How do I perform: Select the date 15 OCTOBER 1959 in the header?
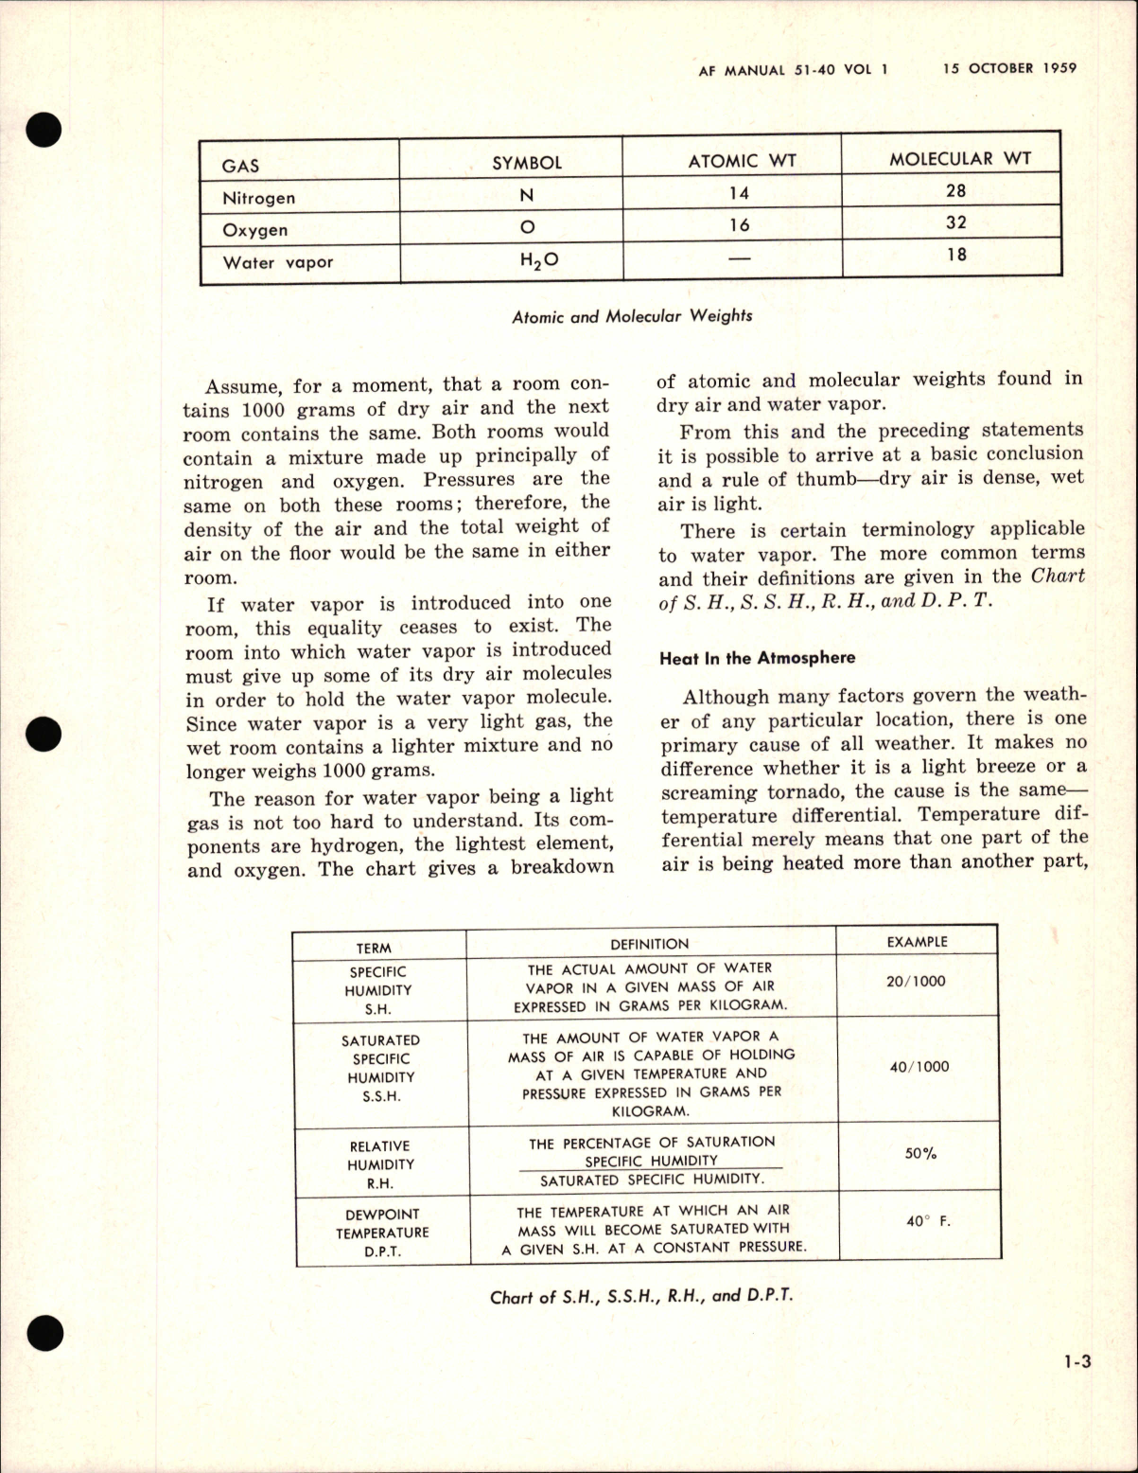1009,68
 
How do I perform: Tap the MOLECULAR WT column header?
959,159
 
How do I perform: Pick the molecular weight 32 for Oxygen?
955,222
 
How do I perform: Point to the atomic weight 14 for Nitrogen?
739,193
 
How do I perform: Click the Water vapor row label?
277,262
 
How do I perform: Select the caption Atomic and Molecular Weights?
632,316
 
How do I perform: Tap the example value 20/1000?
915,982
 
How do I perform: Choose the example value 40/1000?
919,1067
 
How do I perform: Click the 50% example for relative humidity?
920,1154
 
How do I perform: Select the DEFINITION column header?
649,944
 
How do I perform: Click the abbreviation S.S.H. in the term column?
380,1096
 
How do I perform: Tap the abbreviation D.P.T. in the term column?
382,1251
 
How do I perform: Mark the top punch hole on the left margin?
44,131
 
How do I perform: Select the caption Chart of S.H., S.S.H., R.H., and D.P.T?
640,1296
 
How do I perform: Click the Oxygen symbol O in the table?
528,227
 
